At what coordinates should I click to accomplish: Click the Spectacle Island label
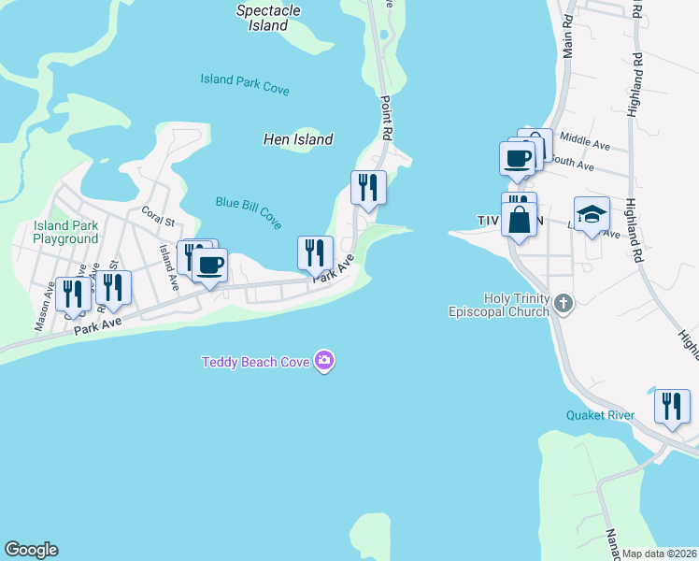269,18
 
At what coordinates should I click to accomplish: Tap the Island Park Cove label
245,84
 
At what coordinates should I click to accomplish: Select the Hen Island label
297,139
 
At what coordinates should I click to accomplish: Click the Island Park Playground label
65,232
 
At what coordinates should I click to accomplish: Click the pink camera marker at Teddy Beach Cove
324,360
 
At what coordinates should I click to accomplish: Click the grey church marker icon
562,303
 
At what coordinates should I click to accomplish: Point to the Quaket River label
600,415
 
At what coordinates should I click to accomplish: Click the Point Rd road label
384,117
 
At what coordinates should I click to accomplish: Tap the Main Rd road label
567,36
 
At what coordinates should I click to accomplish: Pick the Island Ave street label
168,266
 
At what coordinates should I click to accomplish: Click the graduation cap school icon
592,215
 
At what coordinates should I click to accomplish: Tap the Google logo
31,550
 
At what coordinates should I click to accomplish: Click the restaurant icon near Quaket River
672,406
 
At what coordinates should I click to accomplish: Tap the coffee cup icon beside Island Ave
209,266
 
